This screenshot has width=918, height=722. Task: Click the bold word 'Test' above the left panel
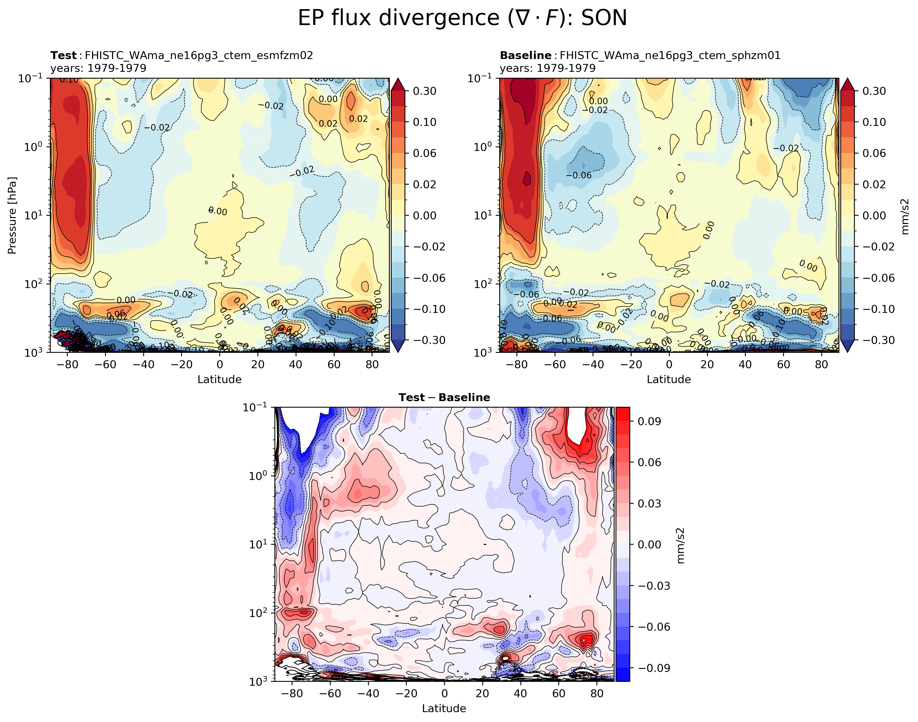[64, 55]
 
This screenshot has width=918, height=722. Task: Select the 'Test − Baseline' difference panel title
[444, 398]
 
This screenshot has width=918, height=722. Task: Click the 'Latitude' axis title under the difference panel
[444, 708]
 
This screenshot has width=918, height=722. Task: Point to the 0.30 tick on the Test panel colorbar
[424, 91]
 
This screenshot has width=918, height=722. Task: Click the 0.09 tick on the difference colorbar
[649, 421]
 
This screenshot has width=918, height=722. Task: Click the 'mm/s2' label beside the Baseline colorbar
[905, 216]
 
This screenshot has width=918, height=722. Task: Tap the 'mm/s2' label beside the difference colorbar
[680, 545]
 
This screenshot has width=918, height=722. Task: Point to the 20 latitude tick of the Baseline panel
[707, 364]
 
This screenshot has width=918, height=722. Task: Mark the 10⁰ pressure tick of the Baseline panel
[483, 147]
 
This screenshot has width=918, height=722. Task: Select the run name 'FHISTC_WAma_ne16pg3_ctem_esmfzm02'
[199, 55]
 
